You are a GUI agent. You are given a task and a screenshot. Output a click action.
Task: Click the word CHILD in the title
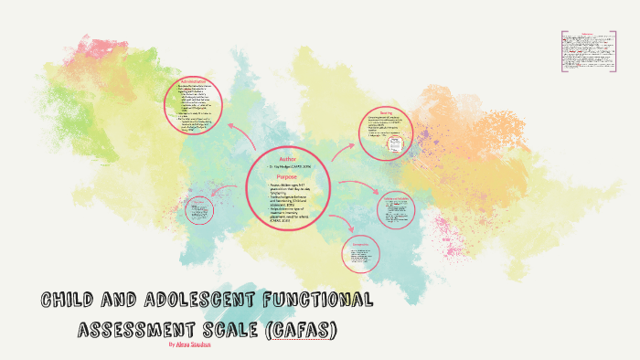pyautogui.click(x=71, y=300)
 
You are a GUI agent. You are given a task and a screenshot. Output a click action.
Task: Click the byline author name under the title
pyautogui.click(x=203, y=345)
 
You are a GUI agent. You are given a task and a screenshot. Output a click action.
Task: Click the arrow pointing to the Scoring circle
pyautogui.click(x=342, y=152)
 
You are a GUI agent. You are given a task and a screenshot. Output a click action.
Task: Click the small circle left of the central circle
pyautogui.click(x=197, y=211)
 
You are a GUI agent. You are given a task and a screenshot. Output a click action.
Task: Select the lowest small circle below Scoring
pyautogui.click(x=360, y=253)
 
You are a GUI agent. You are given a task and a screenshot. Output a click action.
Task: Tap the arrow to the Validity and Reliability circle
pyautogui.click(x=357, y=191)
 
